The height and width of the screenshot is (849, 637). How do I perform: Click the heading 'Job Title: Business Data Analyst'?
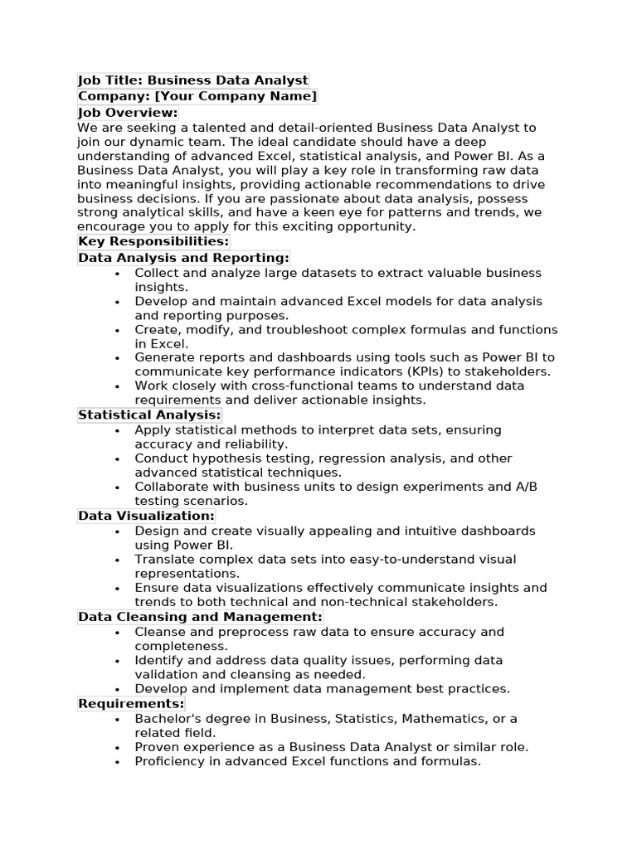pos(193,80)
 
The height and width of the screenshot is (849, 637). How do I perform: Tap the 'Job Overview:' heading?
pos(128,112)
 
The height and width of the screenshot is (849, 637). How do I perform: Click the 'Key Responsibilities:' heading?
pos(153,241)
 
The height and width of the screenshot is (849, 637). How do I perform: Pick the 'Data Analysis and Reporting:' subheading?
pos(183,258)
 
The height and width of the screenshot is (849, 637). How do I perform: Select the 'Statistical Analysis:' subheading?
pos(149,415)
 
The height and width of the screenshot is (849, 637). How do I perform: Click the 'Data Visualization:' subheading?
pos(146,516)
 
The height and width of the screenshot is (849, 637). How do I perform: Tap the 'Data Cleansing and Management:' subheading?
pos(200,617)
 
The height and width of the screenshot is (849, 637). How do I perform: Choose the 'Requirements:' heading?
pos(131,704)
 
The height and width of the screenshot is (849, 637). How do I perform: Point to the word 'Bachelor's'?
pos(166,719)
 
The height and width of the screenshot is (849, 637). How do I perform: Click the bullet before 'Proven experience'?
pos(118,748)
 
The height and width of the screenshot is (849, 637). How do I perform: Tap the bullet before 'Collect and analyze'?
pos(118,274)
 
